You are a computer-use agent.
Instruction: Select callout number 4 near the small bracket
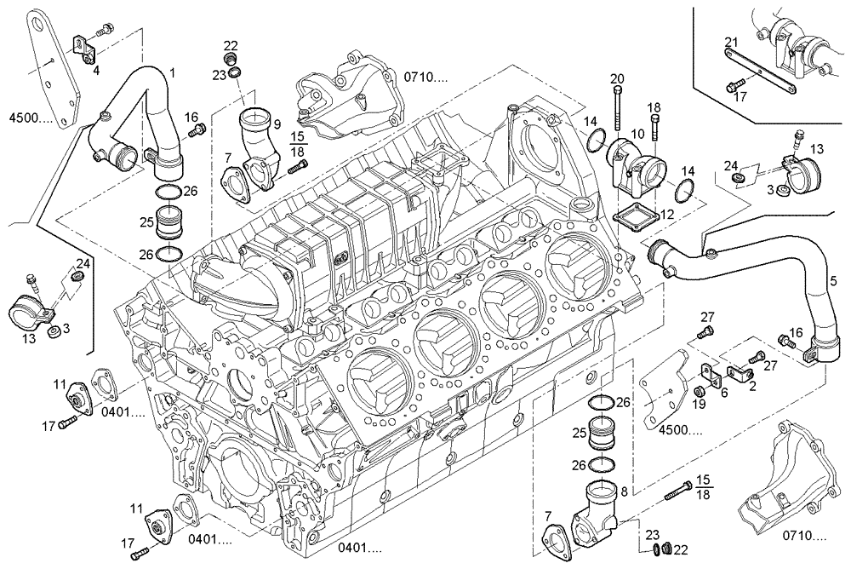pyautogui.click(x=96, y=70)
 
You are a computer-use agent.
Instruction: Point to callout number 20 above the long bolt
pyautogui.click(x=617, y=79)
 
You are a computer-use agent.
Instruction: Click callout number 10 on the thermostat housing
pyautogui.click(x=637, y=135)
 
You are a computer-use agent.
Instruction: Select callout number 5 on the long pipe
pyautogui.click(x=833, y=279)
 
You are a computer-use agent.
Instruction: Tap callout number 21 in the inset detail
pyautogui.click(x=731, y=43)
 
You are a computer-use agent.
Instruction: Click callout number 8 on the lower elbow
pyautogui.click(x=625, y=491)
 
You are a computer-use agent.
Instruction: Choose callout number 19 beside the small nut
pyautogui.click(x=699, y=404)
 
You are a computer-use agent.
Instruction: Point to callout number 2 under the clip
pyautogui.click(x=751, y=386)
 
